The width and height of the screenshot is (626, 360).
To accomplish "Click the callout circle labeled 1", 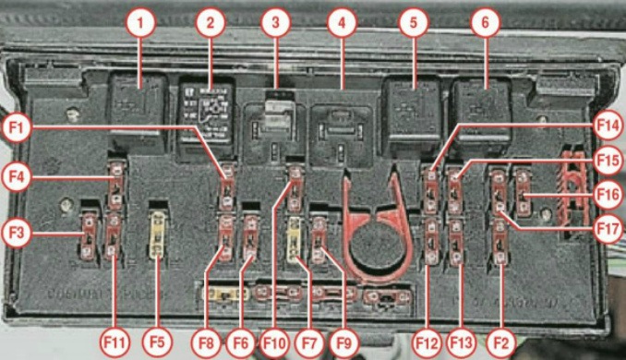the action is pyautogui.click(x=139, y=23).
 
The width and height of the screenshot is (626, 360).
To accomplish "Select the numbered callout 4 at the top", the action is pyautogui.click(x=342, y=23).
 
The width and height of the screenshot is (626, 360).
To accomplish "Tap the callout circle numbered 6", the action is pyautogui.click(x=485, y=23).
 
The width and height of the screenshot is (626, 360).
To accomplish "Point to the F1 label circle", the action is pyautogui.click(x=16, y=127).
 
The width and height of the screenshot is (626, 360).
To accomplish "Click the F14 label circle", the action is pyautogui.click(x=608, y=126).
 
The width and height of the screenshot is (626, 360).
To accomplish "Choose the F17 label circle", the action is pyautogui.click(x=608, y=229).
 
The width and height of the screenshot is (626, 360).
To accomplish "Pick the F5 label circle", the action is pyautogui.click(x=157, y=342).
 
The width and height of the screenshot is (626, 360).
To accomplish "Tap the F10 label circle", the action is pyautogui.click(x=274, y=343).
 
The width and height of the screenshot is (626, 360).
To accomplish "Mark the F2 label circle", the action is pyautogui.click(x=501, y=343).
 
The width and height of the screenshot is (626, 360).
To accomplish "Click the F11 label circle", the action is pyautogui.click(x=115, y=342).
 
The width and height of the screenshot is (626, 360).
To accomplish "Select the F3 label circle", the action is pyautogui.click(x=16, y=233).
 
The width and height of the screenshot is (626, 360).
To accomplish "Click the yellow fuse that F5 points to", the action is pyautogui.click(x=157, y=234).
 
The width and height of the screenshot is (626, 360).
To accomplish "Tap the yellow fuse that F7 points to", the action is pyautogui.click(x=295, y=239).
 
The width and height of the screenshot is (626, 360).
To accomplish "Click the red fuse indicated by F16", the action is pyautogui.click(x=523, y=192).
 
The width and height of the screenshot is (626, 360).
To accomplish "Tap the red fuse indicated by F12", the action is pyautogui.click(x=431, y=242).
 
